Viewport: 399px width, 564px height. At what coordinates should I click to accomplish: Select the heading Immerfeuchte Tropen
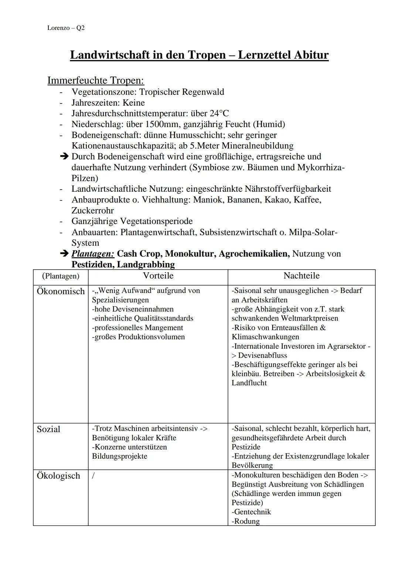pyautogui.click(x=96, y=81)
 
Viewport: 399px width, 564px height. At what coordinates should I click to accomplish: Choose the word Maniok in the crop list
pyautogui.click(x=205, y=200)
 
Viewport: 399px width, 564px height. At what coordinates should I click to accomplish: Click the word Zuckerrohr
pyautogui.click(x=93, y=211)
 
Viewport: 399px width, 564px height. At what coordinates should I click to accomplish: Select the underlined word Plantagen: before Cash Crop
pyautogui.click(x=93, y=254)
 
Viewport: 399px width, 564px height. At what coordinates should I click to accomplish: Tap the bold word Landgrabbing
pyautogui.click(x=146, y=264)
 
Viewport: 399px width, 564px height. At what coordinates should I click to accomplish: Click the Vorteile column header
pyautogui.click(x=158, y=276)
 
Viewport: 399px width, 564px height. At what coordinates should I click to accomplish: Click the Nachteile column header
pyautogui.click(x=301, y=276)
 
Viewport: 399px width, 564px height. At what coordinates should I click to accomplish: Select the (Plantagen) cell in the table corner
pyautogui.click(x=61, y=276)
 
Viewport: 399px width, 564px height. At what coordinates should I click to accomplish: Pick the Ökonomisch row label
pyautogui.click(x=61, y=291)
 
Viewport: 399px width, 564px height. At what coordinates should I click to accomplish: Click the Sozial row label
pyautogui.click(x=48, y=429)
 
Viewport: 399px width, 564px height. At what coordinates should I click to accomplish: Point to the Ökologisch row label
pyautogui.click(x=58, y=476)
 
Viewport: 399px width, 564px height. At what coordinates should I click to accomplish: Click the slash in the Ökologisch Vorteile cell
pyautogui.click(x=93, y=476)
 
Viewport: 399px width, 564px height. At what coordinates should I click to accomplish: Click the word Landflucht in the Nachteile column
pyautogui.click(x=249, y=383)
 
